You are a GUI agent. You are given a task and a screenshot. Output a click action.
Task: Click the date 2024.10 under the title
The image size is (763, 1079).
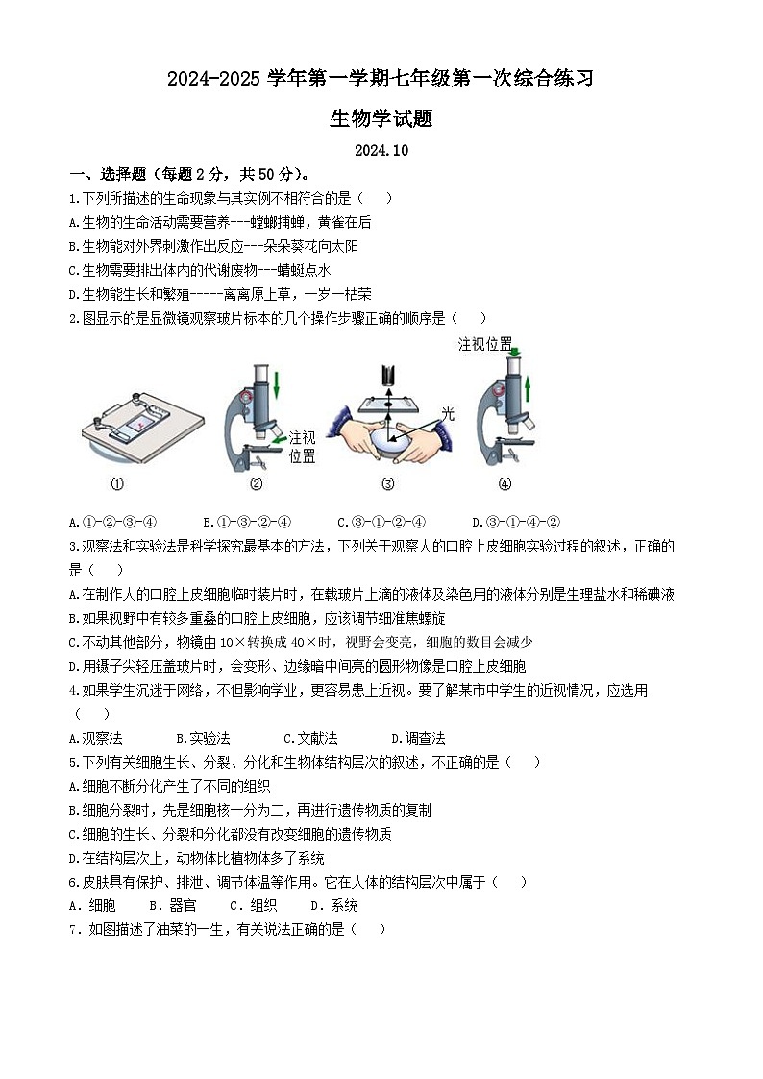point(381,150)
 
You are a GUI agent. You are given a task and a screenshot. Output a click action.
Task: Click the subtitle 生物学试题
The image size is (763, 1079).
point(381,118)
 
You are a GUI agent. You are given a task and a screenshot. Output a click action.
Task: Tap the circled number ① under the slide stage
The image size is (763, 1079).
point(117,485)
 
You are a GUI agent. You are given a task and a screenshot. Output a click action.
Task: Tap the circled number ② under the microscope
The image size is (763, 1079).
point(256,485)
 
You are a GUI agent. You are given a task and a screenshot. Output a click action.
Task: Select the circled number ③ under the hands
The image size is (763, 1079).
point(387,485)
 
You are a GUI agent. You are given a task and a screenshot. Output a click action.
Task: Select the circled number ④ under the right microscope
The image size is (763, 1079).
point(505,485)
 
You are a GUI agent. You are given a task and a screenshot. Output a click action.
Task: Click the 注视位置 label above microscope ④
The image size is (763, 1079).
point(484,344)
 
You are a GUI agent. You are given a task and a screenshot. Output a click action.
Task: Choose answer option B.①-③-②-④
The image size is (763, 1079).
point(247,523)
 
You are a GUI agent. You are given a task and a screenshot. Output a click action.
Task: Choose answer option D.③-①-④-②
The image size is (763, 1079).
point(516,523)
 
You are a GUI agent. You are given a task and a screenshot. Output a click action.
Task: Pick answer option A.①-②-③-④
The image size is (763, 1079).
point(112,523)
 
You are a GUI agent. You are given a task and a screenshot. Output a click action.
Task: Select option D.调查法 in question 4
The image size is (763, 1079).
point(418,738)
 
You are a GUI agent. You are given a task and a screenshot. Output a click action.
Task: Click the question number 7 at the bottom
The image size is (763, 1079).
point(73,929)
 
